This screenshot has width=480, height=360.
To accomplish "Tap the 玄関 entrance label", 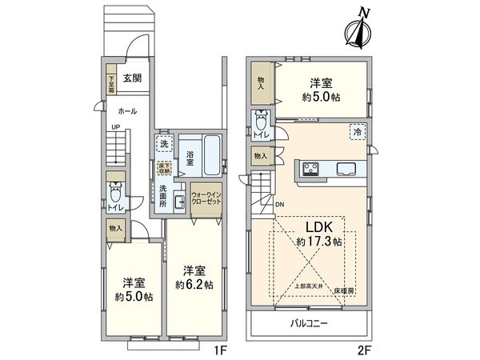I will pos(134,78).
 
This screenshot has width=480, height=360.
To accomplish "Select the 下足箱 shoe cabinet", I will pos(113,83).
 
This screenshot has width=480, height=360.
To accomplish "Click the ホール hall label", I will pos(126,112).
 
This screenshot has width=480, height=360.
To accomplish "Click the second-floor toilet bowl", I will pos(261,122).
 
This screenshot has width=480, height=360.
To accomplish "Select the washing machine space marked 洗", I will pos(164,146).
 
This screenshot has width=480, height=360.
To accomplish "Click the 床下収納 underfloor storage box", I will pos(163,168).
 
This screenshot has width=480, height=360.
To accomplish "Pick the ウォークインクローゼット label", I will pos(206,197).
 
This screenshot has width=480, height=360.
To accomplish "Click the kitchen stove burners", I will pos(310,168).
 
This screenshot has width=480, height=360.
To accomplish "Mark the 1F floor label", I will pos(220,349).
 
